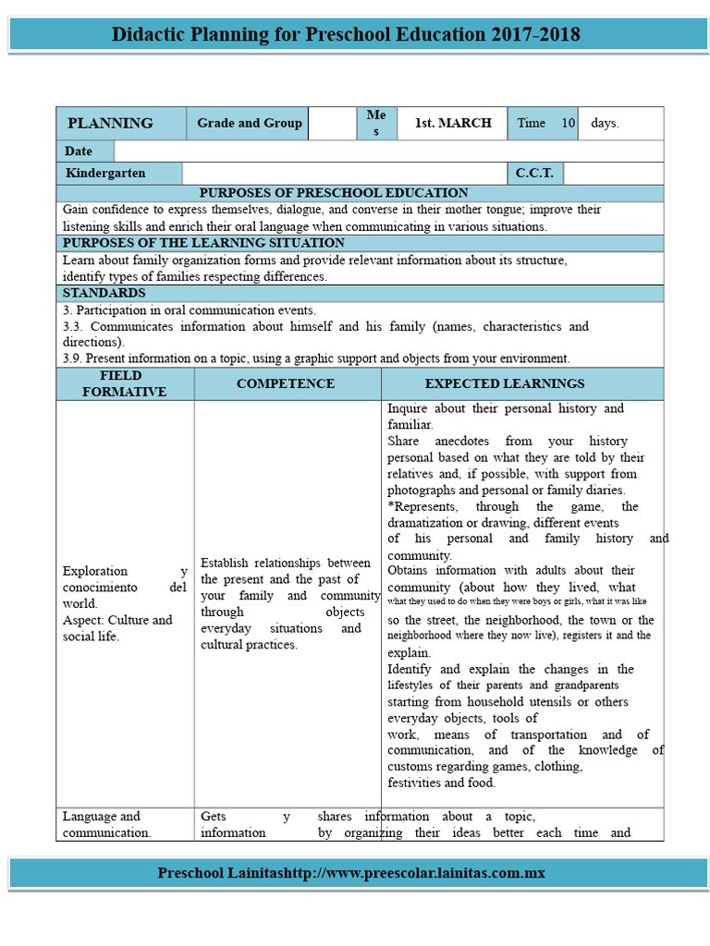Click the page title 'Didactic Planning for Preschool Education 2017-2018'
coord(346,35)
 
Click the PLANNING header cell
coord(110,123)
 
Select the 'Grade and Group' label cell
coord(250,123)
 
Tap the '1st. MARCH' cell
coord(452,123)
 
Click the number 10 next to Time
coord(568,123)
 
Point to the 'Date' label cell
coord(79,151)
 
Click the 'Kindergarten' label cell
coord(105,173)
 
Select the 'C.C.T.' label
coord(534,173)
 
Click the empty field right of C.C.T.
coord(612,173)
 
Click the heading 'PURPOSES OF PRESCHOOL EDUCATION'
coord(334,193)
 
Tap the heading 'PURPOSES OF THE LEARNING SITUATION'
coord(202,243)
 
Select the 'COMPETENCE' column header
coord(286,383)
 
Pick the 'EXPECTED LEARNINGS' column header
coord(505,383)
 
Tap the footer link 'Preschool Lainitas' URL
coord(351,872)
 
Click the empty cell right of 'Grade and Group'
coord(333,123)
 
